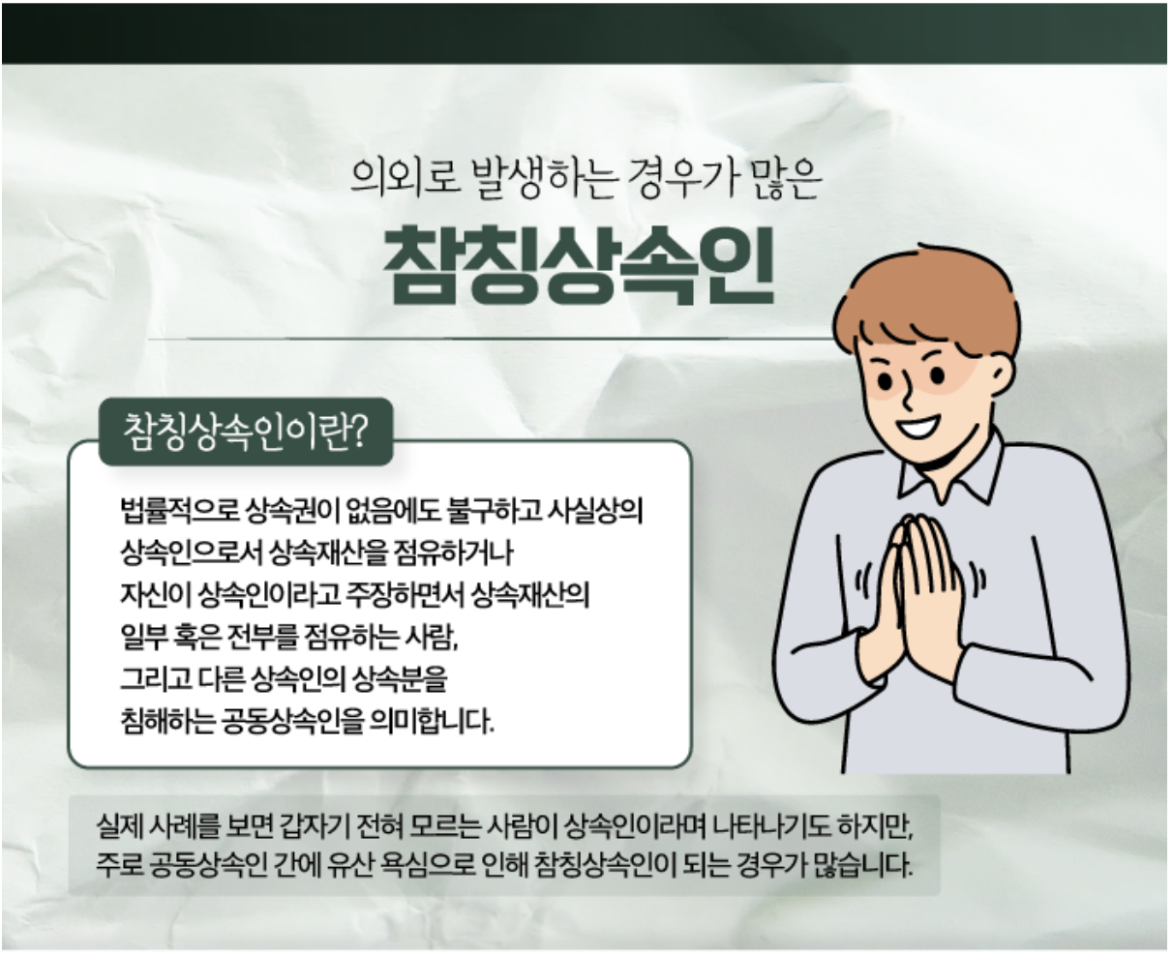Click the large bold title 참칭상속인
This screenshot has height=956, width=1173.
[x=579, y=265]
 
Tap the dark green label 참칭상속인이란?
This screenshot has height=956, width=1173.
[x=246, y=433]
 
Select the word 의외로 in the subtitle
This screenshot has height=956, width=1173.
[x=406, y=178]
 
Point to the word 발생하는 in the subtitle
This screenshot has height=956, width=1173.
[x=545, y=178]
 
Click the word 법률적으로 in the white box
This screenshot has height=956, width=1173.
[x=179, y=511]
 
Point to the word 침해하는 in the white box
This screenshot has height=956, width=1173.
[x=167, y=721]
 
